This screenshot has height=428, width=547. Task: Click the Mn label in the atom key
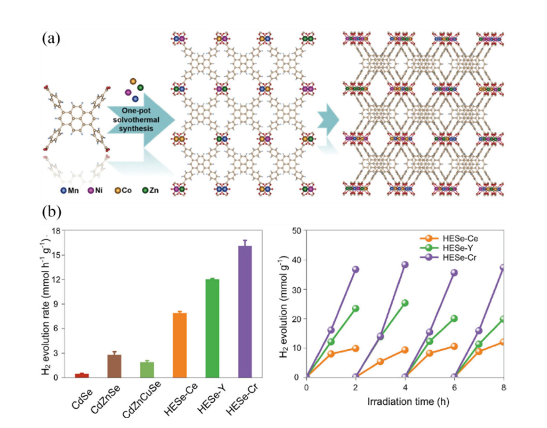[73, 191]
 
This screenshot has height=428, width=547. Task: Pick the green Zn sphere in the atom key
[145, 191]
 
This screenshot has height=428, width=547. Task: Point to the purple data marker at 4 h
[405, 265]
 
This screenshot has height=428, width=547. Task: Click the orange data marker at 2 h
[355, 348]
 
